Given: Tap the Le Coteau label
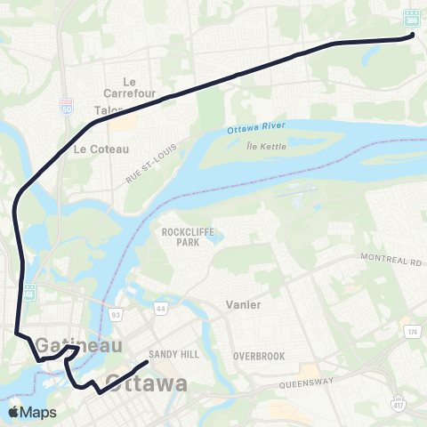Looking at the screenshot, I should coord(102,149).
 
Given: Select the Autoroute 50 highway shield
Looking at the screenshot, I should coord(68,105).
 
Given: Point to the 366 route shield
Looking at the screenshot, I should coord(412,18).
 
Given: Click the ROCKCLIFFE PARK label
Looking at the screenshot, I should coord(184,236).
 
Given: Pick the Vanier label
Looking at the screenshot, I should coord(243,304).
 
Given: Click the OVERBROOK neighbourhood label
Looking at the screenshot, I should coord(259,356).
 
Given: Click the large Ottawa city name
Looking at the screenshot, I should coord(147,384).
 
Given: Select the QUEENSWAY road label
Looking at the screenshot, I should coord(308,385).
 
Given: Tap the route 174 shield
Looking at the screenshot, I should coord(412,331).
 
